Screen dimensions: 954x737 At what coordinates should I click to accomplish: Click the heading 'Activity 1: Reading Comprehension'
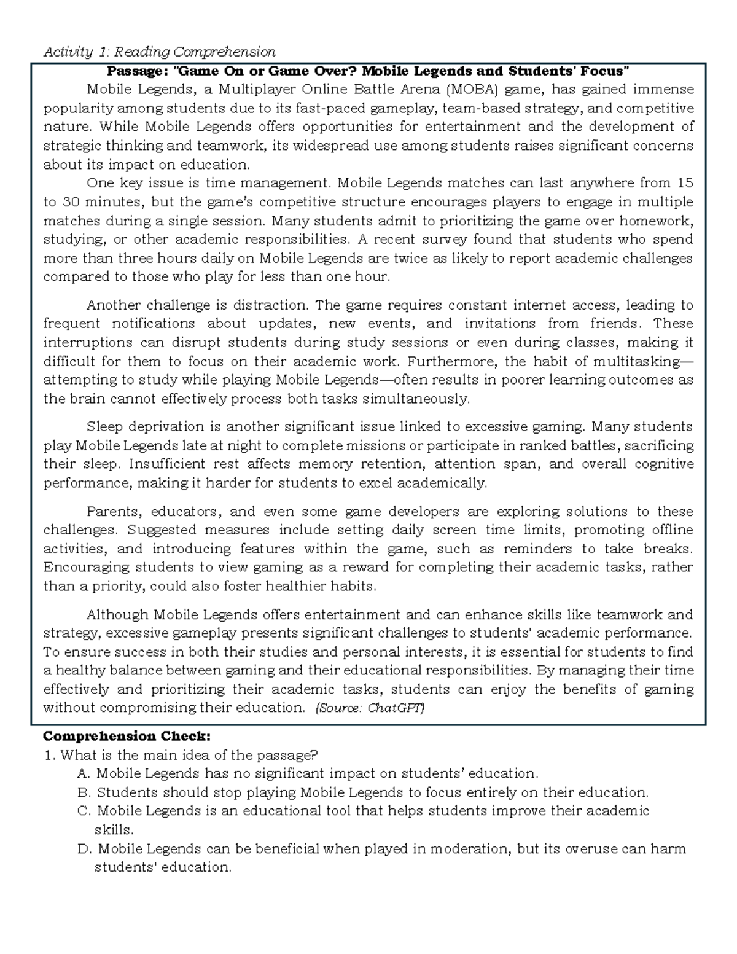tap(159, 52)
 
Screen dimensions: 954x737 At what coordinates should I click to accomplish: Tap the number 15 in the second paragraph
tap(684, 183)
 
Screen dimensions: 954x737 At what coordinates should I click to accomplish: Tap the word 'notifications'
tap(153, 324)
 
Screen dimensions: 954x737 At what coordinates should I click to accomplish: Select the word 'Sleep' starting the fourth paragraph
tap(106, 427)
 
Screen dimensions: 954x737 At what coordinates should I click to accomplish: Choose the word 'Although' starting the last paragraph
tap(117, 615)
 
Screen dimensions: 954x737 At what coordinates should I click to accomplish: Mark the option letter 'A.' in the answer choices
tap(85, 773)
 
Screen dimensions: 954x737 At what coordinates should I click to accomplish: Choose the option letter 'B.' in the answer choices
tap(85, 792)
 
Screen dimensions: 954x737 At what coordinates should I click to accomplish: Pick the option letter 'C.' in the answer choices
tap(85, 811)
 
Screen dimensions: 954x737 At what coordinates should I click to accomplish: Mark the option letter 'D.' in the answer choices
tap(85, 849)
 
